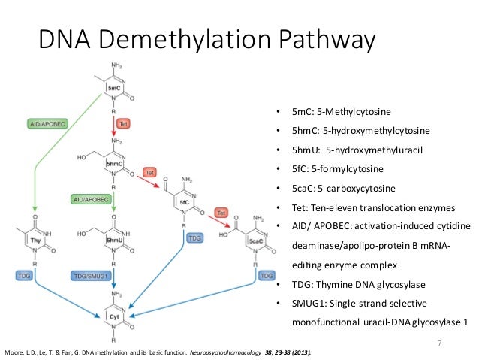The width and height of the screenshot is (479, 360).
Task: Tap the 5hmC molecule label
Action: coord(115,163)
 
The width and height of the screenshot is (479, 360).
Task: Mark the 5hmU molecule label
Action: coord(115,238)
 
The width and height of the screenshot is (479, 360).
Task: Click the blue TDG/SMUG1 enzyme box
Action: coord(92,276)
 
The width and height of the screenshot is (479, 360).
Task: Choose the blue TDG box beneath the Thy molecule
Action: coord(23,276)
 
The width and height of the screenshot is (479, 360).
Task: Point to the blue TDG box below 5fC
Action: coord(194,237)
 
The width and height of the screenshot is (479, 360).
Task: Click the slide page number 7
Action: coord(441,343)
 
